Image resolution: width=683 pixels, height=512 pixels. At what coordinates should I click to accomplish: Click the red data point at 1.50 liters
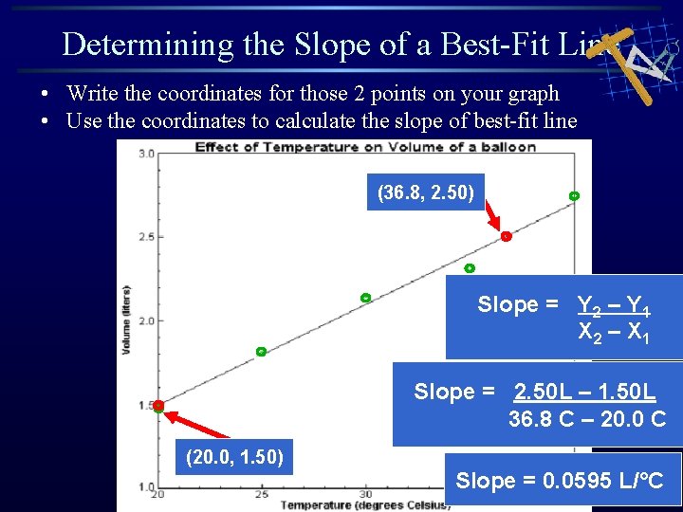[x=158, y=406]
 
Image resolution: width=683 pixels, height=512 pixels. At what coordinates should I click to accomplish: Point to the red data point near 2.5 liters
[x=507, y=236]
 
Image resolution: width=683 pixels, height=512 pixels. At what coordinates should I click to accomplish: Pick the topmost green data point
[x=574, y=196]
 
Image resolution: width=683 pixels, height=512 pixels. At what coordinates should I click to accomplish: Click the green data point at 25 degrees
[x=261, y=352]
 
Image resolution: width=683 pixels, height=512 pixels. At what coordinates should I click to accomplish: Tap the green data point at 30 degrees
[x=365, y=298]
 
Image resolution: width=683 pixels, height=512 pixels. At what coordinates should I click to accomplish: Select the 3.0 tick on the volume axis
[x=147, y=153]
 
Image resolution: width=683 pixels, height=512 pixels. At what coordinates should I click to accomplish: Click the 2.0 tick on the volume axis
[x=147, y=320]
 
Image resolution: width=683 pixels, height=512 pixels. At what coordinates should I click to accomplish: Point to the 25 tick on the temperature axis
[x=261, y=494]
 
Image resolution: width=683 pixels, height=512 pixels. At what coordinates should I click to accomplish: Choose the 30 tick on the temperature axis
[x=365, y=494]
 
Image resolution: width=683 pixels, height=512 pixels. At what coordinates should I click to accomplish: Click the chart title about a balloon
[x=365, y=147]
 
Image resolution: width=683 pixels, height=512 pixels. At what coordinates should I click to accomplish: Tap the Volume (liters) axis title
[x=126, y=320]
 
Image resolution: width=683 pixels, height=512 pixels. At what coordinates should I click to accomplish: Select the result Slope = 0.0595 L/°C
[x=563, y=481]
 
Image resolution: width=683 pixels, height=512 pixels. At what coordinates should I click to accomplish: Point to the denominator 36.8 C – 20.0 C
[x=587, y=418]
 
